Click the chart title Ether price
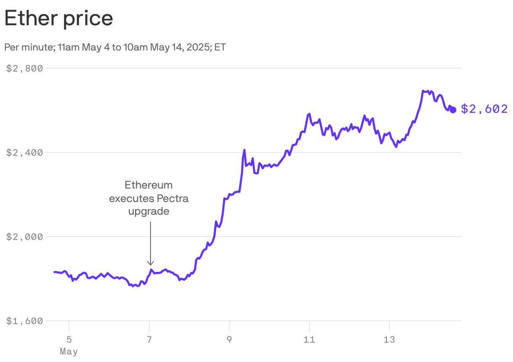[x=59, y=19]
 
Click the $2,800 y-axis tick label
[x=25, y=68]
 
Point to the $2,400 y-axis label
[x=25, y=152]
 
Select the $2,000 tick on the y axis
[x=25, y=237]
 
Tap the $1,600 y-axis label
[x=25, y=321]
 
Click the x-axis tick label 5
[x=69, y=339]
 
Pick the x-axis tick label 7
[x=149, y=339]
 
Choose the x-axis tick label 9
[x=229, y=339]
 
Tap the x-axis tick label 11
[x=309, y=339]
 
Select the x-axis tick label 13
[x=390, y=339]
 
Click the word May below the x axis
[x=69, y=351]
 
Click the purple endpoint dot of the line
[x=453, y=110]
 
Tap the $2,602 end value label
[x=484, y=109]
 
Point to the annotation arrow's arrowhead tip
[x=150, y=265]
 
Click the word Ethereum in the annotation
[x=148, y=185]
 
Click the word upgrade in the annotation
[x=148, y=211]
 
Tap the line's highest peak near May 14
[x=423, y=90]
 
